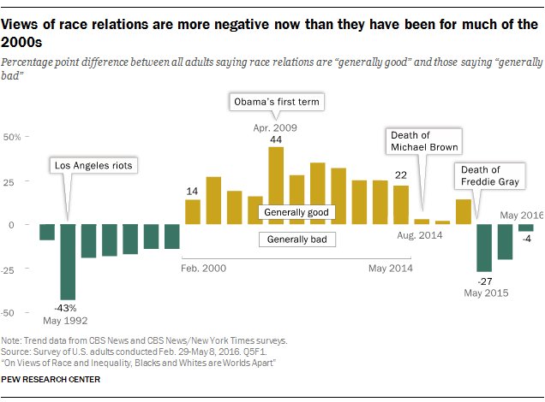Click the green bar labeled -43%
coord(68,262)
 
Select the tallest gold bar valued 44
coord(276,186)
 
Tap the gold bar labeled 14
coord(193,212)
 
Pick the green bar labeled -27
coord(484,248)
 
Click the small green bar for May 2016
coord(525,228)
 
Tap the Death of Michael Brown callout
coord(424,141)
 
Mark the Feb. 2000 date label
coord(204,268)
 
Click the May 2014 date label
coord(391,268)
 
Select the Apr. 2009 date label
coord(274,127)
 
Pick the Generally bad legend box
coord(296,239)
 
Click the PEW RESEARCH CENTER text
coord(51,379)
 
